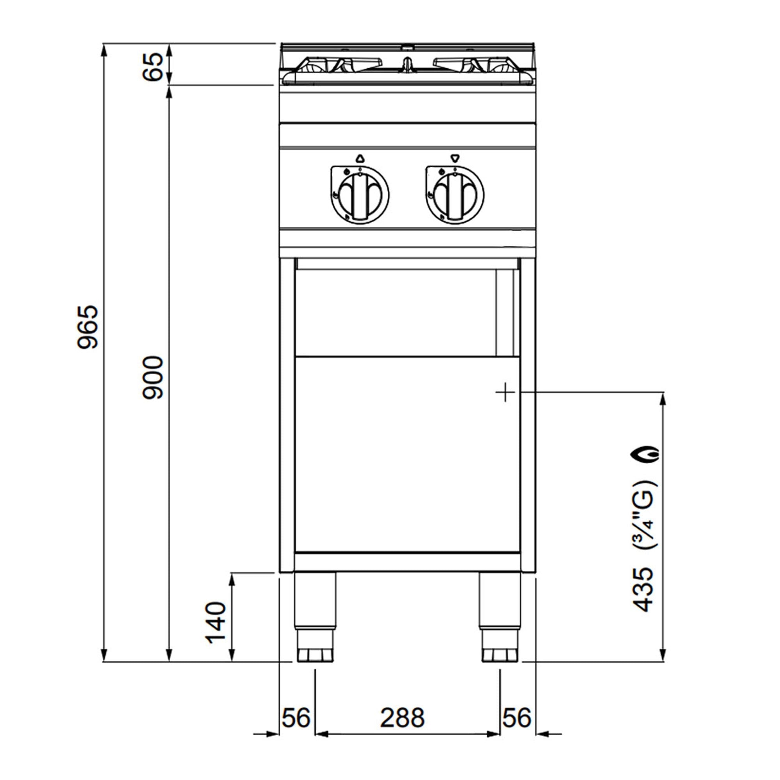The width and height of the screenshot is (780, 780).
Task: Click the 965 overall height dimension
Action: pos(88,327)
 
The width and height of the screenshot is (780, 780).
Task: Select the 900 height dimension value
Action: pos(153,378)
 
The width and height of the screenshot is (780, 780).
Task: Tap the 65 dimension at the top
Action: pos(153,67)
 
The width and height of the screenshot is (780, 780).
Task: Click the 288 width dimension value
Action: pos(402,717)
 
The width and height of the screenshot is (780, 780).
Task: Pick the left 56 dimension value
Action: pos(296,717)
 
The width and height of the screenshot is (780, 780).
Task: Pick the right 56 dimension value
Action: pos(517,717)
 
